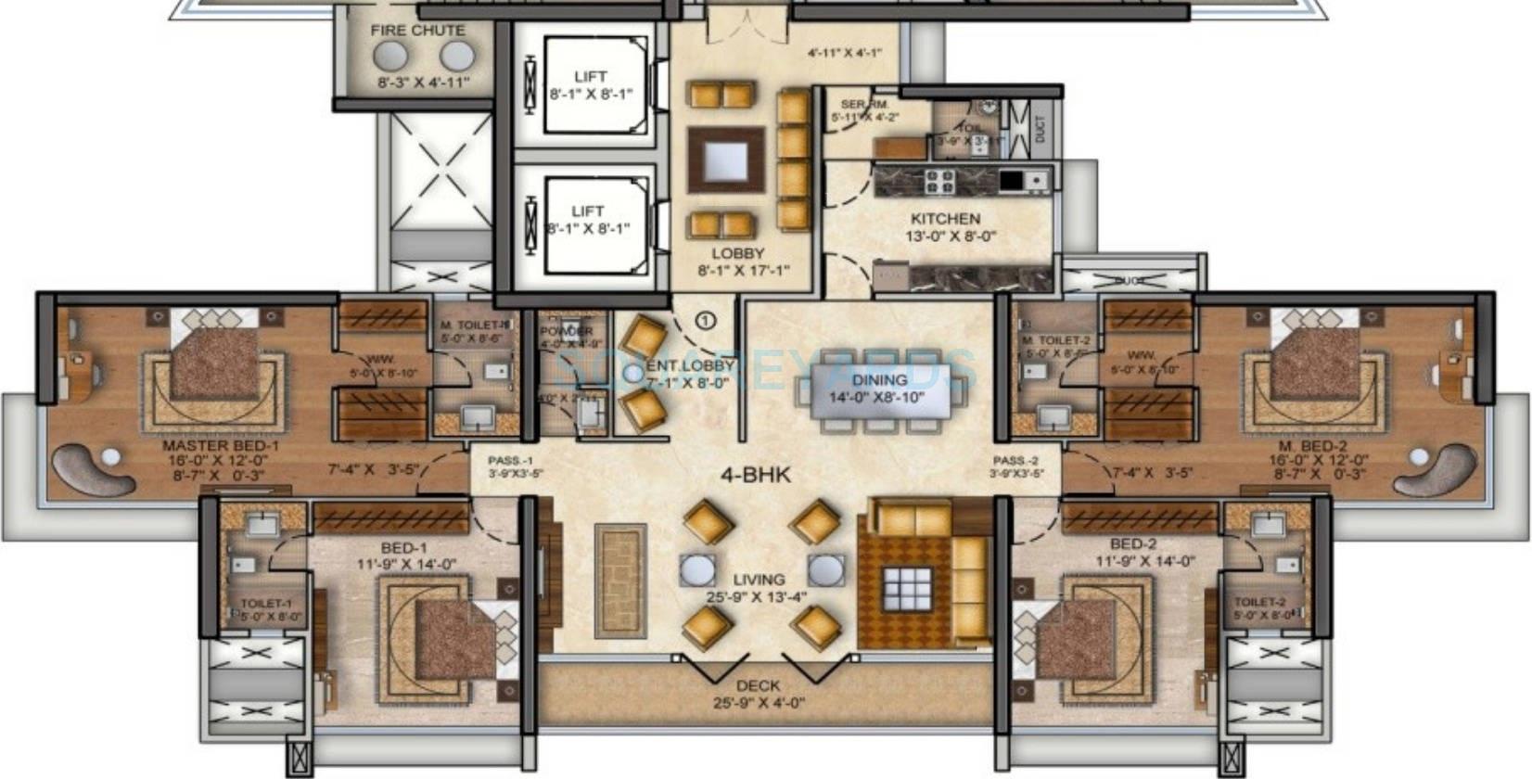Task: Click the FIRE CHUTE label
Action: (x=417, y=31)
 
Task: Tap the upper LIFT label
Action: (x=590, y=77)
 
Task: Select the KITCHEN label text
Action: (x=944, y=219)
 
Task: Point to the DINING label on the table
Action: (x=879, y=379)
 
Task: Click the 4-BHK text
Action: (x=756, y=475)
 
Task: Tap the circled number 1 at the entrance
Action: (x=706, y=321)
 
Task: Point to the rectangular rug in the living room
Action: (x=619, y=581)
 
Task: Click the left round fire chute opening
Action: (x=389, y=57)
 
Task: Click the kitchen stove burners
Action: (x=939, y=181)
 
